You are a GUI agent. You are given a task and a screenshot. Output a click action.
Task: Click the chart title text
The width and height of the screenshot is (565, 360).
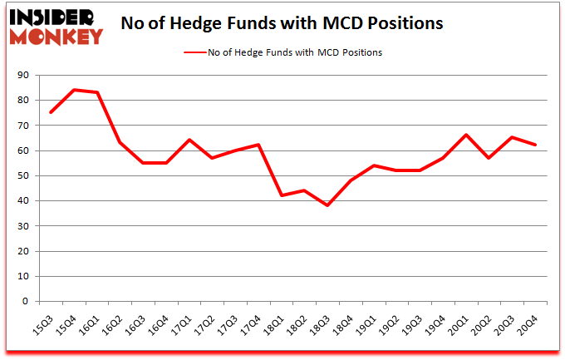point(282,23)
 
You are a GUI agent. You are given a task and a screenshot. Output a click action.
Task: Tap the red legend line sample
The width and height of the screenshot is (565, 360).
point(200,52)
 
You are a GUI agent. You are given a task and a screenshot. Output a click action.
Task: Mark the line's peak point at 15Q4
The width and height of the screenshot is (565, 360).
point(76,90)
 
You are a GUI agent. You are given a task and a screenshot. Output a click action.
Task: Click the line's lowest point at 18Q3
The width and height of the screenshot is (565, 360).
point(327,205)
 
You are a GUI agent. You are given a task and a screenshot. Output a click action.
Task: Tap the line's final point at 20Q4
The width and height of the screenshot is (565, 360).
point(534,145)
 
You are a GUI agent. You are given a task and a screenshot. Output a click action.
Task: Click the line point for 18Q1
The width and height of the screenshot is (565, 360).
point(282,195)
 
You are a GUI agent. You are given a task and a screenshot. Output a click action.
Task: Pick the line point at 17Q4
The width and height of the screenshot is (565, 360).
point(259,145)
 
